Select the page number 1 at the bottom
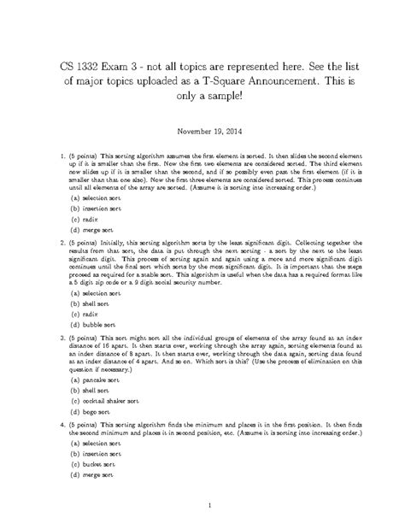tap(202, 506)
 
